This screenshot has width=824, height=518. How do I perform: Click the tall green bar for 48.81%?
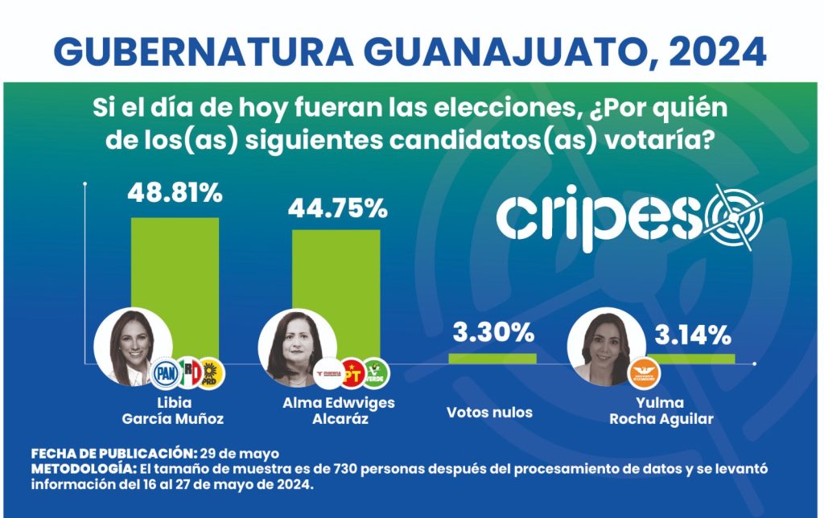175,282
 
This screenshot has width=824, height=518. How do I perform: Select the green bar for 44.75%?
336,290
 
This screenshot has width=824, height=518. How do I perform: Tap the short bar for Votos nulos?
492,358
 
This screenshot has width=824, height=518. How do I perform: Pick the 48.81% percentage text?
175,193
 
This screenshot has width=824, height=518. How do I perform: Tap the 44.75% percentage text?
338,209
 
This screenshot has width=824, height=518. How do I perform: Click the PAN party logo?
167,372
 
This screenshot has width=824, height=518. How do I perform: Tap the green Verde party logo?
375,372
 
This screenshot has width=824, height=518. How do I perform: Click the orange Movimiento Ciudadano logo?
644,372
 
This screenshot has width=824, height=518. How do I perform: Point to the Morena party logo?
329,373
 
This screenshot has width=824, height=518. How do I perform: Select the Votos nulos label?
489,413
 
